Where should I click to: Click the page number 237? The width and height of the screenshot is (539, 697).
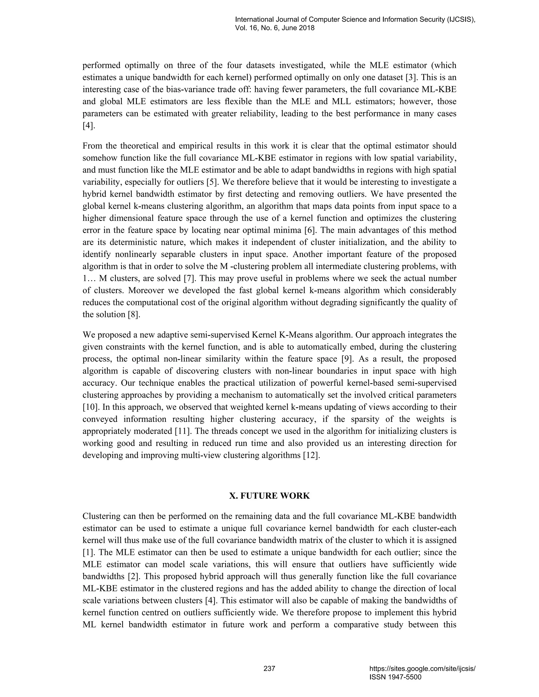click(x=269, y=668)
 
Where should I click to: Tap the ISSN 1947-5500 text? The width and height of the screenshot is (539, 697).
click(x=395, y=677)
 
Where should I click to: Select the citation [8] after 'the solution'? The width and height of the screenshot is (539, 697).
click(x=134, y=314)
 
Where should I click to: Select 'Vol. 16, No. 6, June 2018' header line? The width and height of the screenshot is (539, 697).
click(x=275, y=28)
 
